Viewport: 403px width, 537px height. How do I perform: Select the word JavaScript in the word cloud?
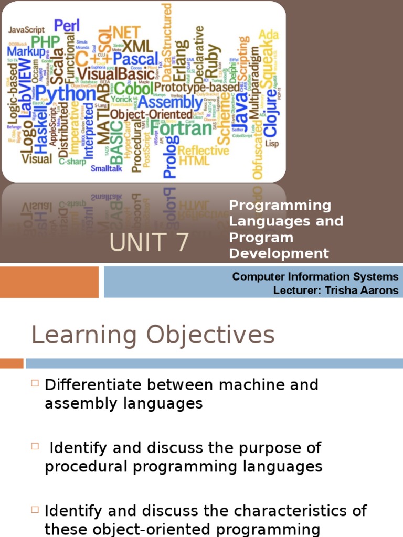pos(26,30)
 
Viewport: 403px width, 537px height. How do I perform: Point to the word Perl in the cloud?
pos(67,25)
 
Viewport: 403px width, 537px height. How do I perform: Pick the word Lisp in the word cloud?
pos(272,143)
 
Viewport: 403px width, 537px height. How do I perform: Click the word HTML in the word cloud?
pos(194,161)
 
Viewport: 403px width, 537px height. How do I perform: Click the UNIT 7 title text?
pos(149,243)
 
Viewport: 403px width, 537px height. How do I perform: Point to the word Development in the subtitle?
pos(279,254)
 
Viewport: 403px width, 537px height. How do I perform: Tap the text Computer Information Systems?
pos(315,277)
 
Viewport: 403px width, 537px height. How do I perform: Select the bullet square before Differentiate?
pos(35,383)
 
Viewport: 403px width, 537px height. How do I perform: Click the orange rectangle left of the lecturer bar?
pos(49,282)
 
